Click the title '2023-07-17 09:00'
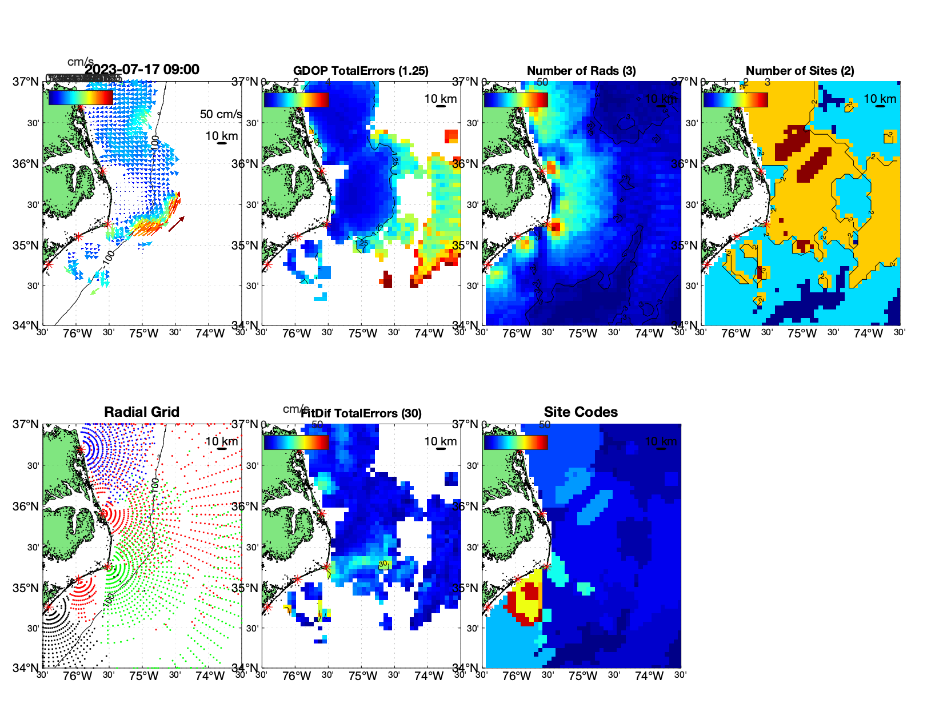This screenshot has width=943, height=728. tap(142, 70)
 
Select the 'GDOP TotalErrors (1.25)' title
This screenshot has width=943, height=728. tap(361, 71)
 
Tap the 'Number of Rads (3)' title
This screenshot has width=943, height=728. tap(581, 71)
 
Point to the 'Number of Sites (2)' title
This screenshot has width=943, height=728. tap(800, 71)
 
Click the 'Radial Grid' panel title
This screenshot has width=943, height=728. tap(142, 412)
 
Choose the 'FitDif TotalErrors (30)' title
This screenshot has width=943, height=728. tap(361, 413)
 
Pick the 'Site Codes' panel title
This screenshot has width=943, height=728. tap(581, 412)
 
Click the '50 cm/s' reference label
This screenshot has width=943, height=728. tap(221, 114)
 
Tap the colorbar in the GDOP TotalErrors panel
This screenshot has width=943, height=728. tap(296, 99)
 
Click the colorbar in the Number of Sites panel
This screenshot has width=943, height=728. tap(736, 99)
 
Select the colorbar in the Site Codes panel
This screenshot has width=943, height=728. tap(516, 442)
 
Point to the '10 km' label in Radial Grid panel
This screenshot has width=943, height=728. tap(221, 441)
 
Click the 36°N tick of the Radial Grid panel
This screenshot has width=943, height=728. tap(26, 506)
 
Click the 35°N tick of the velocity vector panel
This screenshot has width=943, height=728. tap(26, 246)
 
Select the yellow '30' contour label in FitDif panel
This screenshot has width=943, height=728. tap(383, 564)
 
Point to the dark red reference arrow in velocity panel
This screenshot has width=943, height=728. tap(176, 224)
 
